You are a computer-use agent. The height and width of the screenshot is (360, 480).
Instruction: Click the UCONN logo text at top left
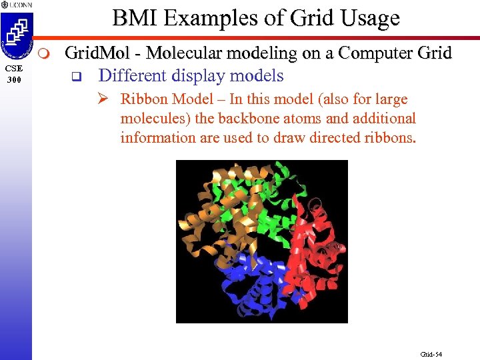point(19,5)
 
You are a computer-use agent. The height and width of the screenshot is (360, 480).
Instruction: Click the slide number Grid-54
point(431,353)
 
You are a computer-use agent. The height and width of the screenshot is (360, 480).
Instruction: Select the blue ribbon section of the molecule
point(247,280)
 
